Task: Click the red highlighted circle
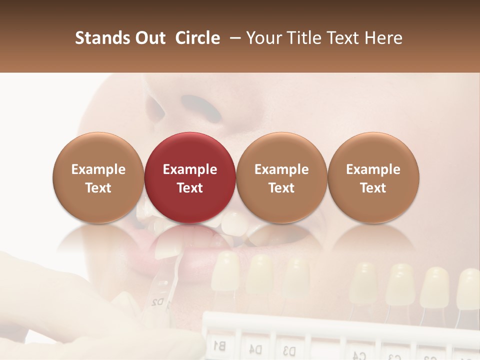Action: [189, 177]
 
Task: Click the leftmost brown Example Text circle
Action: [98, 177]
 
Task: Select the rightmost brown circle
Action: [373, 177]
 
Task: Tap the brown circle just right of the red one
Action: [281, 177]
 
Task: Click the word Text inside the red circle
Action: [190, 188]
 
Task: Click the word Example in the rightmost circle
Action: [373, 169]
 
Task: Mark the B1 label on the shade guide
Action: [219, 345]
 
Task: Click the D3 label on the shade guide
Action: [289, 349]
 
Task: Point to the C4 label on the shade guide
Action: [359, 355]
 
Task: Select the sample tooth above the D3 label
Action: [296, 277]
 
